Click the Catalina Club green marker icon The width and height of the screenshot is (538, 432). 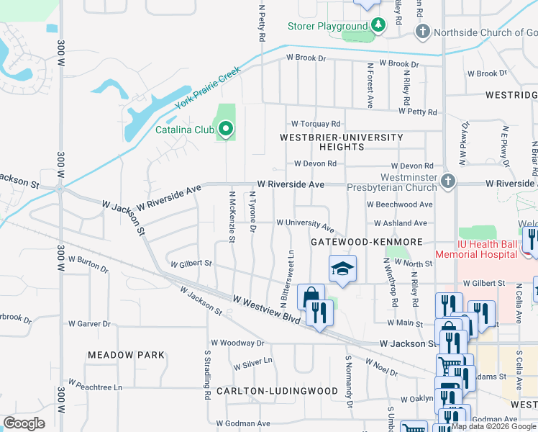click(x=226, y=130)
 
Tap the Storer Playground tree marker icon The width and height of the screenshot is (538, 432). click(x=378, y=26)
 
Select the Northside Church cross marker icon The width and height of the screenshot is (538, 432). click(x=423, y=32)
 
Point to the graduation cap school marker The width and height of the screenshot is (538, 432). click(x=343, y=269)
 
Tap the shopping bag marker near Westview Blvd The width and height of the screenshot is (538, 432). click(x=311, y=296)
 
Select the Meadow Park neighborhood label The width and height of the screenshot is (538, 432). click(x=126, y=355)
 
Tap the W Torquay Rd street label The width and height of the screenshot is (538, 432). click(x=315, y=124)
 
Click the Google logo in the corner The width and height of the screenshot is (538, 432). click(x=24, y=423)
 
